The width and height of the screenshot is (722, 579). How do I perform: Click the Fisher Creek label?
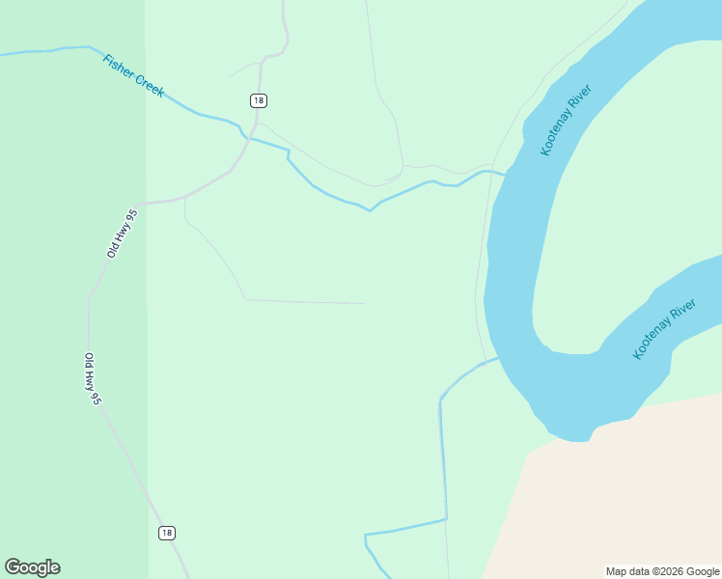(x=133, y=76)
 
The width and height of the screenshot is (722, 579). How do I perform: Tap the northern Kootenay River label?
(x=566, y=121)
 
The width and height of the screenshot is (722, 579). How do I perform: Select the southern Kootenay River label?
(x=664, y=329)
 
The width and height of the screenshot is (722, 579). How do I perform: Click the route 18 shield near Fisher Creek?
(x=258, y=100)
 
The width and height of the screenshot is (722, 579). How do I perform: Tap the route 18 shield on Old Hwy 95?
(x=167, y=533)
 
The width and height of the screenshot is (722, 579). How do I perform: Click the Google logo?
(x=32, y=567)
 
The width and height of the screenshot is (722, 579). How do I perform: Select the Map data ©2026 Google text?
(x=661, y=571)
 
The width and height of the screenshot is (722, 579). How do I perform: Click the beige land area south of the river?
(x=618, y=502)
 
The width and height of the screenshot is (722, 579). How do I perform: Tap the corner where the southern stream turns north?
(x=446, y=520)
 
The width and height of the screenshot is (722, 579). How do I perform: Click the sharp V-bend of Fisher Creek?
(x=370, y=210)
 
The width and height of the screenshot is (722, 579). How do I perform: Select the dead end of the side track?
(x=365, y=303)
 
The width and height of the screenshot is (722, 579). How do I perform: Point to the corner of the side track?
(x=245, y=299)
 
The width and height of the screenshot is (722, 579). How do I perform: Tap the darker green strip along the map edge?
(x=72, y=289)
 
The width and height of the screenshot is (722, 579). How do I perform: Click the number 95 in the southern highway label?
(x=96, y=396)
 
